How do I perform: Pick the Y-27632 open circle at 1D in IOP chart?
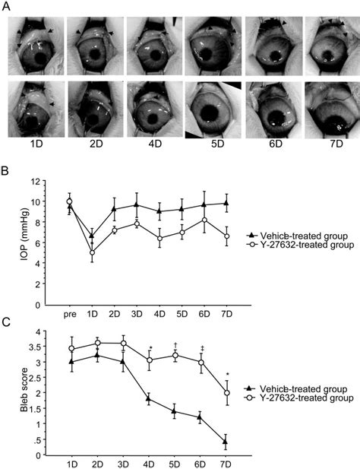click(x=91, y=252)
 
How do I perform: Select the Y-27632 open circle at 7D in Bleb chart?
click(x=226, y=393)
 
